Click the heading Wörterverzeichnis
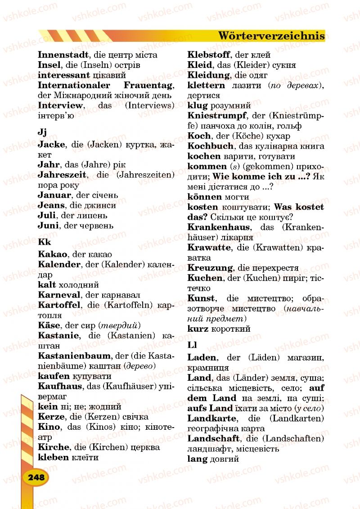click(x=271, y=36)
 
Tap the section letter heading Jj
click(x=42, y=132)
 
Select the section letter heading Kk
click(x=44, y=242)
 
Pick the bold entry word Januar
click(x=54, y=195)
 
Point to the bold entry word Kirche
click(x=54, y=447)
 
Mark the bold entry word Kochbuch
click(x=210, y=146)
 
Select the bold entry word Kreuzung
click(x=210, y=268)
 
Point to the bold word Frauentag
click(x=149, y=85)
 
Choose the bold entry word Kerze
click(x=51, y=416)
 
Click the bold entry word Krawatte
click(x=209, y=248)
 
